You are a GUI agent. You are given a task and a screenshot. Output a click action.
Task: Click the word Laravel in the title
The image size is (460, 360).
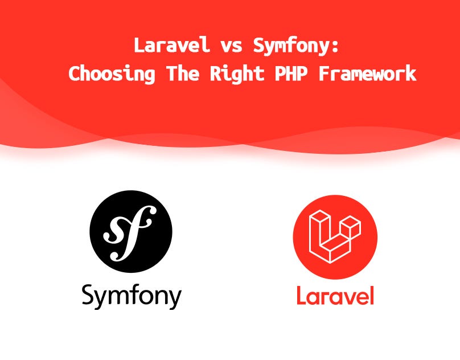[x=171, y=45]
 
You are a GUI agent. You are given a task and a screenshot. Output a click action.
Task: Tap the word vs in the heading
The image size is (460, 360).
[x=232, y=47]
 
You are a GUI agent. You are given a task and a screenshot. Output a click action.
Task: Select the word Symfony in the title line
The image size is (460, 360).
[x=290, y=47]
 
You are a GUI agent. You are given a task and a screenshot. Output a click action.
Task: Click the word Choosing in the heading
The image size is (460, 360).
[x=112, y=74]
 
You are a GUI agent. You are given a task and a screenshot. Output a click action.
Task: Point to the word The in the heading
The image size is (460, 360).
[x=183, y=73]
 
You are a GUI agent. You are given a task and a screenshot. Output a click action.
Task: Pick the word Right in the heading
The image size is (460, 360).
[x=237, y=74]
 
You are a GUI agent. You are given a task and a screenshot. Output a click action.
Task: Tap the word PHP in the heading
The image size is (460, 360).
[x=291, y=73]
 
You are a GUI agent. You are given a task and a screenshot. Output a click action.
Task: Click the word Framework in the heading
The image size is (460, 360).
[x=368, y=73]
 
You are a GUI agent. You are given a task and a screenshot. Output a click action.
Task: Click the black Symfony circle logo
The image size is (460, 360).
[x=131, y=231]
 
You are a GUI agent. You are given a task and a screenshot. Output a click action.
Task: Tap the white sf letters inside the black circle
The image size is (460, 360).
[x=128, y=233]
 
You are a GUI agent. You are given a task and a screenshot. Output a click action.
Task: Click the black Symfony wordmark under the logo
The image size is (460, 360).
[x=132, y=296]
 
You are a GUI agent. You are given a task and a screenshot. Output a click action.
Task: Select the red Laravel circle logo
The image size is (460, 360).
[x=335, y=236]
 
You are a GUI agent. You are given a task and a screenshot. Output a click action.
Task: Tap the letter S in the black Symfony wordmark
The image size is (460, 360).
[x=89, y=294]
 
